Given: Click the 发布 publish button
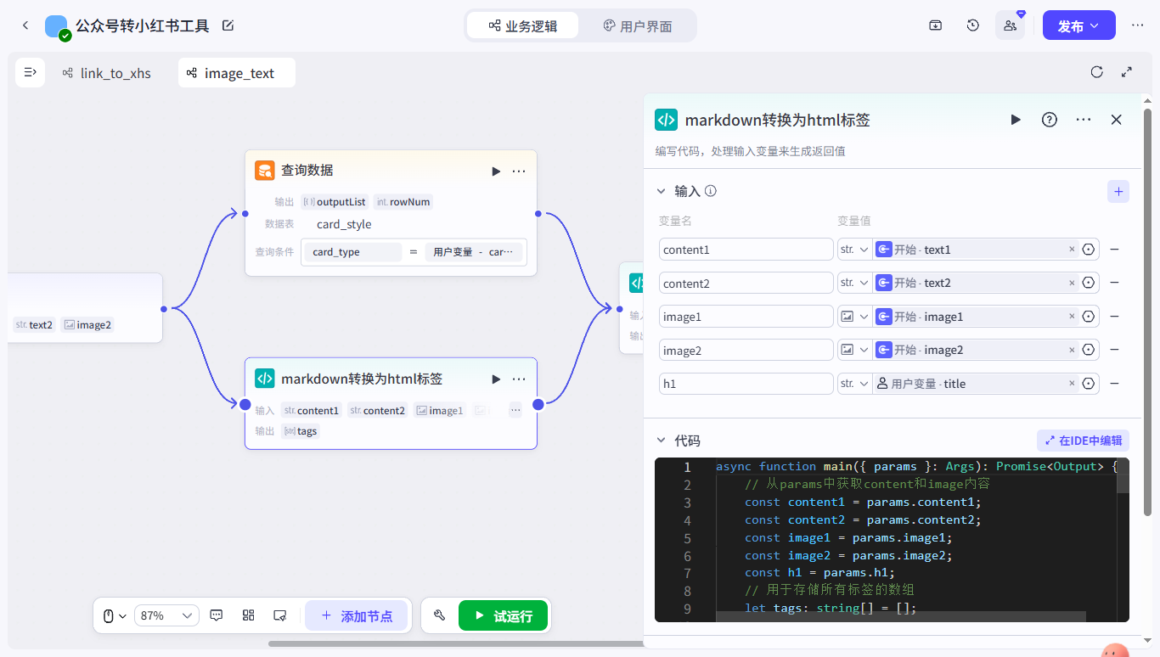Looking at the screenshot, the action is pyautogui.click(x=1078, y=25).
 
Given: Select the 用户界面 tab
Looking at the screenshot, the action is pyautogui.click(x=637, y=25).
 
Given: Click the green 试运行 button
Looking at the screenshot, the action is pyautogui.click(x=504, y=615).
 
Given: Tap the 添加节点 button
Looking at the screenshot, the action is pyautogui.click(x=356, y=615).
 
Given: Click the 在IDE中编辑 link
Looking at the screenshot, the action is pyautogui.click(x=1083, y=441).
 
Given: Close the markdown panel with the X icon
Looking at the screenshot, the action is pyautogui.click(x=1116, y=120).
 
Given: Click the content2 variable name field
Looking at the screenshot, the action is pyautogui.click(x=746, y=283).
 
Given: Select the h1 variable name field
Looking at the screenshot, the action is pyautogui.click(x=746, y=384).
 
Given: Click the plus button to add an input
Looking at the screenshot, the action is pyautogui.click(x=1118, y=191).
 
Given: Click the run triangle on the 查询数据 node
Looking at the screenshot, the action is pyautogui.click(x=496, y=171).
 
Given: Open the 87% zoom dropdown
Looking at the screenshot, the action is pyautogui.click(x=166, y=615).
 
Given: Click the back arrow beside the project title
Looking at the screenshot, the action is pyautogui.click(x=25, y=25).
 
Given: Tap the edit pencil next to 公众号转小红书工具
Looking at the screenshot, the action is pyautogui.click(x=228, y=25).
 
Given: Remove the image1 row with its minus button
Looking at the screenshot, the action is pyautogui.click(x=1114, y=317).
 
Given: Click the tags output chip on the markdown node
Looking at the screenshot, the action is pyautogui.click(x=301, y=431).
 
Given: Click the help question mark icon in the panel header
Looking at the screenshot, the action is pyautogui.click(x=1050, y=120).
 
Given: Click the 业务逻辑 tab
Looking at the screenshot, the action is pyautogui.click(x=523, y=25).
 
